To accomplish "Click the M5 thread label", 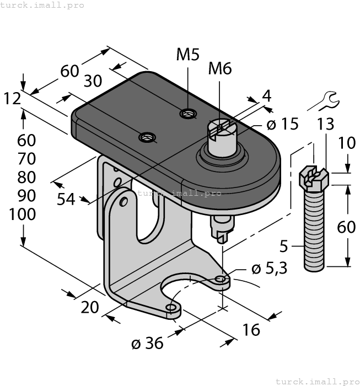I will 188,55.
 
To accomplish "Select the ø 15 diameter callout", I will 283,124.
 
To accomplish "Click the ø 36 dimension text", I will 147,344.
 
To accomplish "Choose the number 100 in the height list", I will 23,215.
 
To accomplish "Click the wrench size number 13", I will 325,125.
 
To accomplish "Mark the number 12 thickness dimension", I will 12,99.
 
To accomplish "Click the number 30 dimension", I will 93,81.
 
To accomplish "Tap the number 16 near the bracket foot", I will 251,330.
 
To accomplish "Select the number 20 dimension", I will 90,307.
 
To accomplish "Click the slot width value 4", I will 266,95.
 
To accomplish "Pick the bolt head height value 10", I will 347,144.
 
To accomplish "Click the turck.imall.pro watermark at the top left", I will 42,5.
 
